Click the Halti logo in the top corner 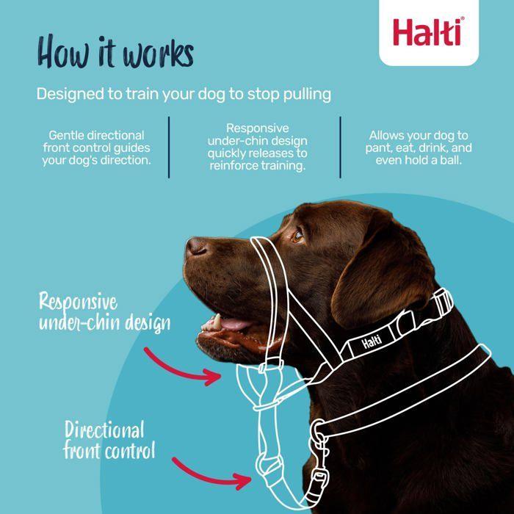[427, 32]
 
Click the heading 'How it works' [115, 54]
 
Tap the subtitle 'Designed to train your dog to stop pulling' [184, 95]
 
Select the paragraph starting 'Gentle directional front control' [96, 148]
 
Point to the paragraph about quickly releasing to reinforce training [257, 148]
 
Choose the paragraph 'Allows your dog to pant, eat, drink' [419, 148]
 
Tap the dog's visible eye [297, 236]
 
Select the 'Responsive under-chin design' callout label [104, 312]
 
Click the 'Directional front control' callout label [109, 439]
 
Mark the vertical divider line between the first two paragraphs [169, 147]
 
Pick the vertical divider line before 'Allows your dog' [340, 147]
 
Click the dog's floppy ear [389, 264]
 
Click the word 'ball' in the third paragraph [450, 159]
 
